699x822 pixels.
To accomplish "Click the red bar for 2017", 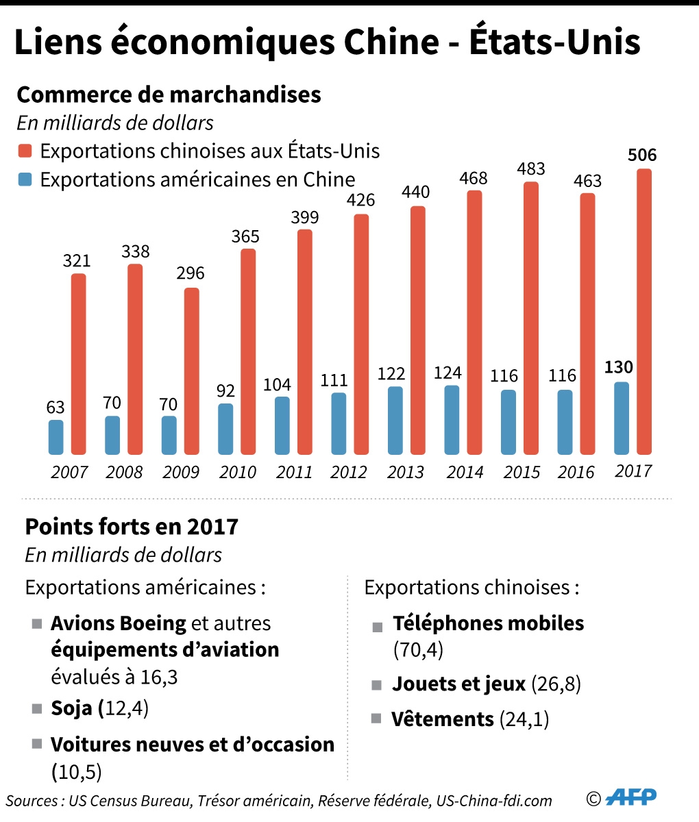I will [644, 312].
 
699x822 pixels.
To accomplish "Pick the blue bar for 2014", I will [452, 420].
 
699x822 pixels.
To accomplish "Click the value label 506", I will [642, 155].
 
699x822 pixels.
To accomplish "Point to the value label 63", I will [56, 407].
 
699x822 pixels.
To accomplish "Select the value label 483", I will [530, 169].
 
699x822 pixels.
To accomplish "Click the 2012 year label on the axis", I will [349, 472].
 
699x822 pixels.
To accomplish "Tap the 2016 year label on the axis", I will [576, 472].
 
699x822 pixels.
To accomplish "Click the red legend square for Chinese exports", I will [25, 151].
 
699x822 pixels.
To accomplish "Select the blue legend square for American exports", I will [25, 179].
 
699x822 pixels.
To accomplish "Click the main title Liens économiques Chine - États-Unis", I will [328, 42].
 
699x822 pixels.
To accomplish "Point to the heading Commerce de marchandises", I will [169, 95].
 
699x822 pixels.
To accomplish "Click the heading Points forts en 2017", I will [132, 527].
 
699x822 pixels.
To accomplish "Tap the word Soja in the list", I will [71, 708].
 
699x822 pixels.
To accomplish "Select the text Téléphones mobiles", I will [488, 623].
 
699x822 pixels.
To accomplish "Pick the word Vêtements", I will [443, 719].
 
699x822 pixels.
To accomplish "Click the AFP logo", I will [632, 797].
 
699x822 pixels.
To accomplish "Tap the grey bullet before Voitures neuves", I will [37, 745].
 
